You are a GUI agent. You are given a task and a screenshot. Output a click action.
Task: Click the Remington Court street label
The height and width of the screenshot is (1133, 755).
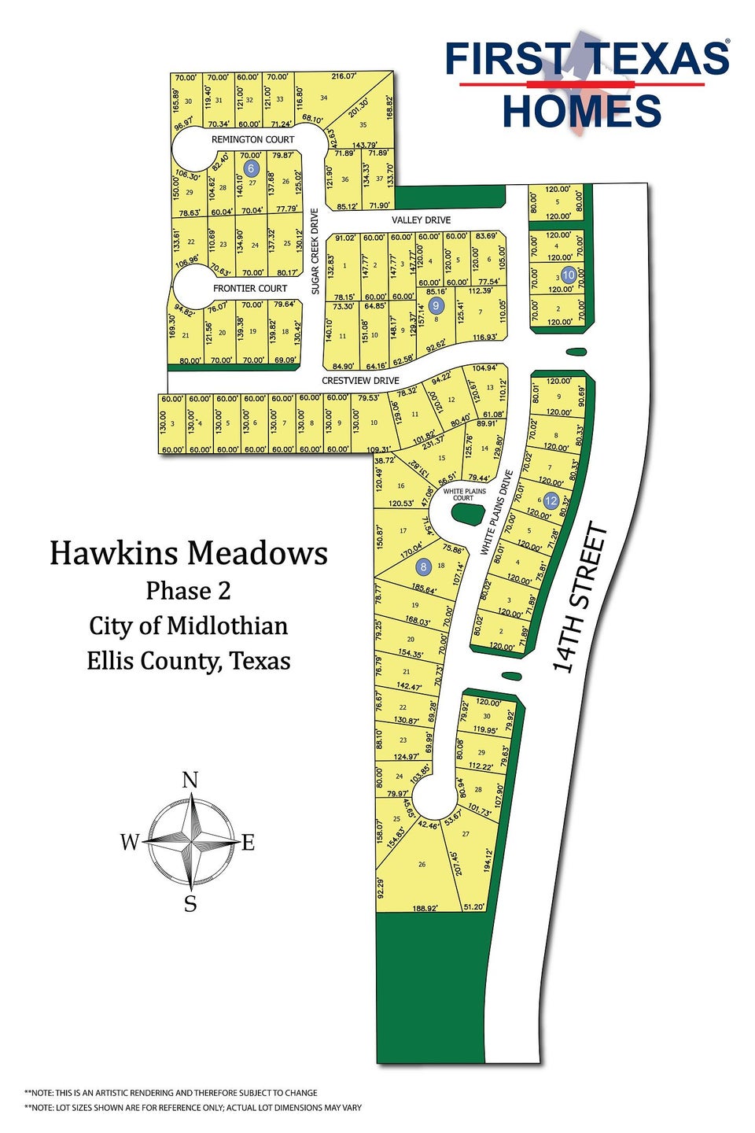click(x=252, y=139)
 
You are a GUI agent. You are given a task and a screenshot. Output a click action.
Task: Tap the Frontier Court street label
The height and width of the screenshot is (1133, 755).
click(x=250, y=289)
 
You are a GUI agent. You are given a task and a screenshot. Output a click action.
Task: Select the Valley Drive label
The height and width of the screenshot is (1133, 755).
click(x=422, y=220)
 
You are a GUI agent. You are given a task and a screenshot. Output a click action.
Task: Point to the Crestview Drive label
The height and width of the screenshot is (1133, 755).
click(x=360, y=381)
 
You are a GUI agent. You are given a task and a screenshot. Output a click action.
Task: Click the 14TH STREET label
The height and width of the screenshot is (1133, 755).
click(x=580, y=599)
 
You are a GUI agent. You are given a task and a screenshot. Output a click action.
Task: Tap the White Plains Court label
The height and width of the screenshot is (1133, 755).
click(x=464, y=495)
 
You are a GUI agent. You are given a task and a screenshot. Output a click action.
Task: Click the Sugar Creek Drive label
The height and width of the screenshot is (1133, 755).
click(x=315, y=251)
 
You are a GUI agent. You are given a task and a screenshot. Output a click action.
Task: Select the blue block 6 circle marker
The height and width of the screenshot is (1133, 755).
click(x=251, y=168)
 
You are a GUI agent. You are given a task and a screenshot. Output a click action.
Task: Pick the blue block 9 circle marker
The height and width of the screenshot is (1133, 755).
click(x=436, y=305)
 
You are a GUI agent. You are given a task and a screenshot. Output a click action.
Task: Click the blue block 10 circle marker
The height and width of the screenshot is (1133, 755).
click(x=569, y=275)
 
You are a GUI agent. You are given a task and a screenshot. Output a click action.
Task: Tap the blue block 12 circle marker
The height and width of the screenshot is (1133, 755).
click(x=551, y=500)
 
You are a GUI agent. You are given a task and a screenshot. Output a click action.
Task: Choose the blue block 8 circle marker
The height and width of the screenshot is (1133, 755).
click(x=424, y=566)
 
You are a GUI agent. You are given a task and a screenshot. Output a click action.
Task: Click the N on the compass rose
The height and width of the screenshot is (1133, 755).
click(x=190, y=780)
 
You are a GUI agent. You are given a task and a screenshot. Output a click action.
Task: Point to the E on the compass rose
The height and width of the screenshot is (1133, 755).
click(x=249, y=843)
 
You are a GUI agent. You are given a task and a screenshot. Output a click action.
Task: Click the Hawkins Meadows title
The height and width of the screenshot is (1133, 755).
click(x=189, y=554)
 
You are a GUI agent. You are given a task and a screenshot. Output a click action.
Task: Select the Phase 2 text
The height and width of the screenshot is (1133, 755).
click(x=188, y=591)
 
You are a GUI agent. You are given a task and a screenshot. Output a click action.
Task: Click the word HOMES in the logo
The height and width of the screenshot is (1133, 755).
click(x=582, y=111)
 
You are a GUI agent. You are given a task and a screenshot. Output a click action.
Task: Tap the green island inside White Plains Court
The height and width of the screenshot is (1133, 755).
click(x=469, y=515)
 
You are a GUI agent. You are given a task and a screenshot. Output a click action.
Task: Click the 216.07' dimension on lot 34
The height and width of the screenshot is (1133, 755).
click(x=344, y=76)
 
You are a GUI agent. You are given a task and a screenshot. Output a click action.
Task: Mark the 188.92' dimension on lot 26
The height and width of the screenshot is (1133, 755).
click(x=425, y=908)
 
